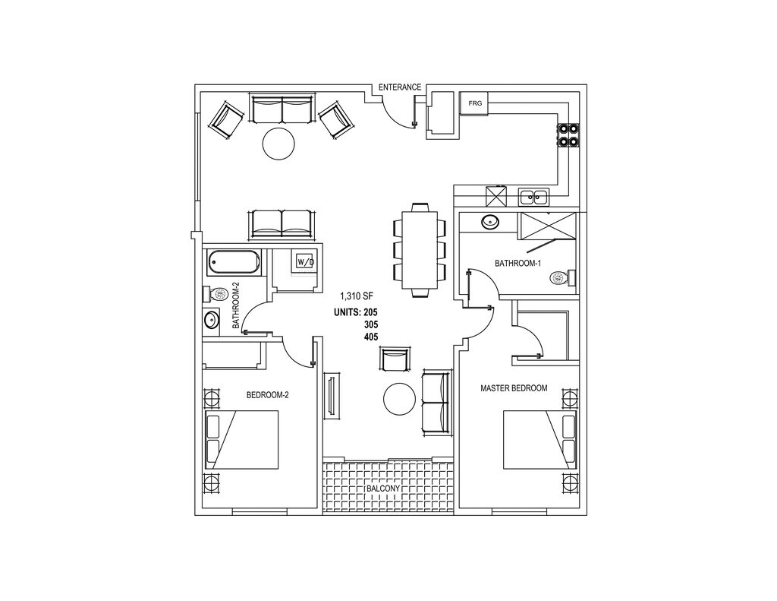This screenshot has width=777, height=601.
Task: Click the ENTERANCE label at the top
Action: (x=399, y=87)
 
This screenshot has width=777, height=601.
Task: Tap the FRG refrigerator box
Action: (x=475, y=103)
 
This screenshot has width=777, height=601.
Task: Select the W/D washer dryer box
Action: (x=304, y=262)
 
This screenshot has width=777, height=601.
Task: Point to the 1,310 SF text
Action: (x=357, y=296)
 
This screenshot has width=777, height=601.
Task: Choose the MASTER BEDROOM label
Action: (x=514, y=388)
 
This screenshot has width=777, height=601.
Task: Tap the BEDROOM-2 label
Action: (x=268, y=395)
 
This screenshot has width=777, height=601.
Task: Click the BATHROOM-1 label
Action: (x=517, y=264)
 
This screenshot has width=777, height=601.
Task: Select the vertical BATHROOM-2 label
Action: (x=236, y=305)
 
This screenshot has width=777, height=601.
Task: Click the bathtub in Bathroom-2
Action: (x=234, y=263)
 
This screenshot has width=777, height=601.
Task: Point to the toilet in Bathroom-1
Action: (x=562, y=279)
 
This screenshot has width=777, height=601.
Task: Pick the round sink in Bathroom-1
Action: (x=490, y=223)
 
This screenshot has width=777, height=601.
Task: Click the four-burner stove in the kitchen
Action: (x=568, y=135)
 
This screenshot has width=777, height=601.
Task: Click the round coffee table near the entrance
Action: (x=278, y=143)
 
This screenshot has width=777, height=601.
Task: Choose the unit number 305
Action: (x=371, y=324)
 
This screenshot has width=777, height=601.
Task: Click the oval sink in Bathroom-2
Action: (x=210, y=320)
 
